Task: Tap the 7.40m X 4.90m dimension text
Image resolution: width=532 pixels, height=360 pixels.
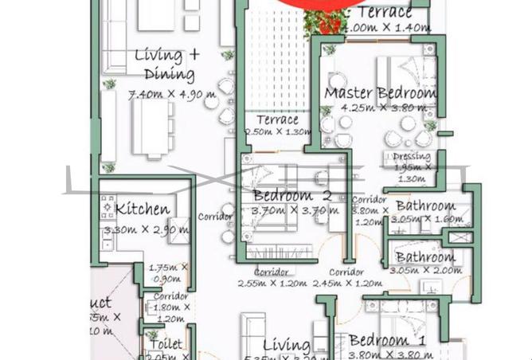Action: (171, 95)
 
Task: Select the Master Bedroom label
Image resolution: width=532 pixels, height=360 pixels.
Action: (380, 93)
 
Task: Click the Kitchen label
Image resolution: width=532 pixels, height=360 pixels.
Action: (142, 209)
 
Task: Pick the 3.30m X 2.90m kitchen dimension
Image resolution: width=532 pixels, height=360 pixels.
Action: (147, 230)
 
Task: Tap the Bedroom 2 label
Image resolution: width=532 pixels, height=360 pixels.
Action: (292, 196)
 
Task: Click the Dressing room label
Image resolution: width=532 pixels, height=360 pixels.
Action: (412, 156)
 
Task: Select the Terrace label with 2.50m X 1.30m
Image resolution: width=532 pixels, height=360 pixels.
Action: (276, 120)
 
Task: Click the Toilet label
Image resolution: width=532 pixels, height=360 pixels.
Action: (165, 345)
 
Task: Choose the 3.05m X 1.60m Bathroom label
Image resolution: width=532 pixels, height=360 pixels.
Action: (425, 206)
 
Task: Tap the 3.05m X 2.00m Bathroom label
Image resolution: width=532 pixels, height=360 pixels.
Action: (425, 257)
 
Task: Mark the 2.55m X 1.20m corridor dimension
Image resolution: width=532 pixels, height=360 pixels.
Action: (271, 283)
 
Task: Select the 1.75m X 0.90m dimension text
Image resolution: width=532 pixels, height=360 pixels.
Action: (169, 273)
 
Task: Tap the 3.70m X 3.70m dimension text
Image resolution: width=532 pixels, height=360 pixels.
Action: (295, 211)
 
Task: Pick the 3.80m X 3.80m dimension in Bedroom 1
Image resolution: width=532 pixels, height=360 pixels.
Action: (387, 354)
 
